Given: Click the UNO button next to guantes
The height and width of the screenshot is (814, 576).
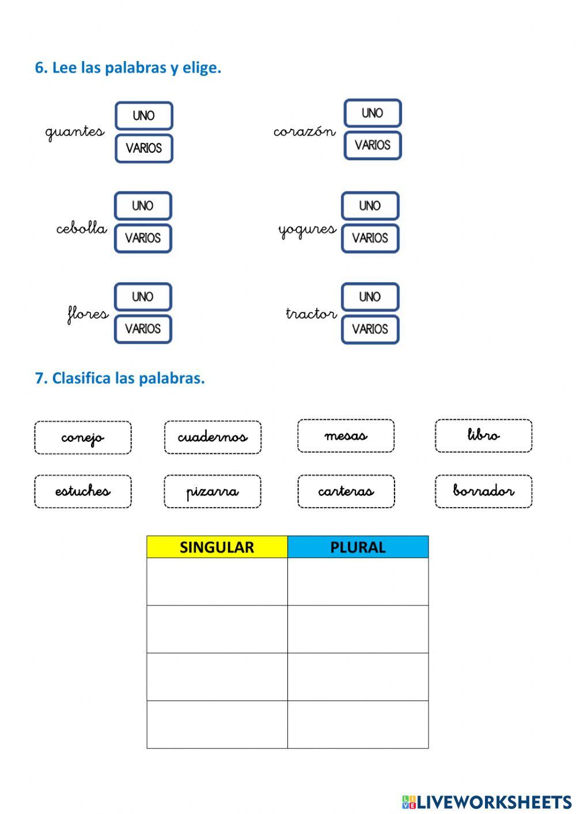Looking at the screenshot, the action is coord(143,116).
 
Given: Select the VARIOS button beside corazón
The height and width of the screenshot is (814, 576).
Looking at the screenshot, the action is coord(372,145).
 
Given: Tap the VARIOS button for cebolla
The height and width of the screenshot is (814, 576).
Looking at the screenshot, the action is coord(143,238).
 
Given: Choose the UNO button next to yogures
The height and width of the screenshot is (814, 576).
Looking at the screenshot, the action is coord(370,206).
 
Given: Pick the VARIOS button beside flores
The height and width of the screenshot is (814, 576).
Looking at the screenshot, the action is coord(143,329).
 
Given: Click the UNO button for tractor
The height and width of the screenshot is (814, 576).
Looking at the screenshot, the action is coord(370,297).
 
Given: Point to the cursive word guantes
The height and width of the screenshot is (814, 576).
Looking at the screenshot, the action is coord(75,132).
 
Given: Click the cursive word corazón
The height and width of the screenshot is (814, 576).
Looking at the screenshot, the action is coord(304,132).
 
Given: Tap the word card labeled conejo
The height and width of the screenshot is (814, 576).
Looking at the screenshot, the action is coord(83,438).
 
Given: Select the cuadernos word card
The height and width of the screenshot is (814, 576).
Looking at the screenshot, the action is coord(213,437).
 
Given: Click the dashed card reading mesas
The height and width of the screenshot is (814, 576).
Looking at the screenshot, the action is coord(346,436).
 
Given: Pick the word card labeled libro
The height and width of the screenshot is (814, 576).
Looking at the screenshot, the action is coord(483,436).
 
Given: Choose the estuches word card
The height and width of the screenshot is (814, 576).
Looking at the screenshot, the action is coord(83,491).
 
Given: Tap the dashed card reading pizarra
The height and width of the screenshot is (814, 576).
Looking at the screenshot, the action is coord(213,491).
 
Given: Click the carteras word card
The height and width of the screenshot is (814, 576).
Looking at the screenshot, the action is coord(346,491).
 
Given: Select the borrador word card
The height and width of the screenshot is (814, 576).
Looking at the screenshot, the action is coord(483,491).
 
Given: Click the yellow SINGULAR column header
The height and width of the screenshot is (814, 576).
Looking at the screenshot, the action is coord(217,547).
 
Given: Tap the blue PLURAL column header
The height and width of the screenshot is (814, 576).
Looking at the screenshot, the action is coord(358,547).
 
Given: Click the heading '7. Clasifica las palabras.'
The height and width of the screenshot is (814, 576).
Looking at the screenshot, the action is coord(120,378).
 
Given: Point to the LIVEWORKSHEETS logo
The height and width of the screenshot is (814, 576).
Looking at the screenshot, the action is coord(487,802).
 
